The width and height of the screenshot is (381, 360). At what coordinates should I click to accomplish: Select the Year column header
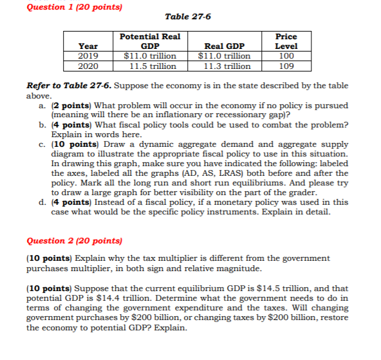pos(88,46)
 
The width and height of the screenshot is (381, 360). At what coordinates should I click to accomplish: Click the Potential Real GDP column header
pos(149,41)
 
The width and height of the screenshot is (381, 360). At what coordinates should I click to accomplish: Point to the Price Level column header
pos(286,41)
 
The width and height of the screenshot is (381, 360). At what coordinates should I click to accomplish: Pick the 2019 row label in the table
pos(88,56)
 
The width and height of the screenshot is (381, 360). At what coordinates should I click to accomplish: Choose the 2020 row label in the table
pos(88,66)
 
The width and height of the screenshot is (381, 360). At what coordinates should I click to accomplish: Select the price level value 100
pos(286,56)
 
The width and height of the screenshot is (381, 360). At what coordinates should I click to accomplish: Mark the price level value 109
pos(286,66)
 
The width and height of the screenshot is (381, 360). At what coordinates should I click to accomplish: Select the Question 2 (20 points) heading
pos(74,241)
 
